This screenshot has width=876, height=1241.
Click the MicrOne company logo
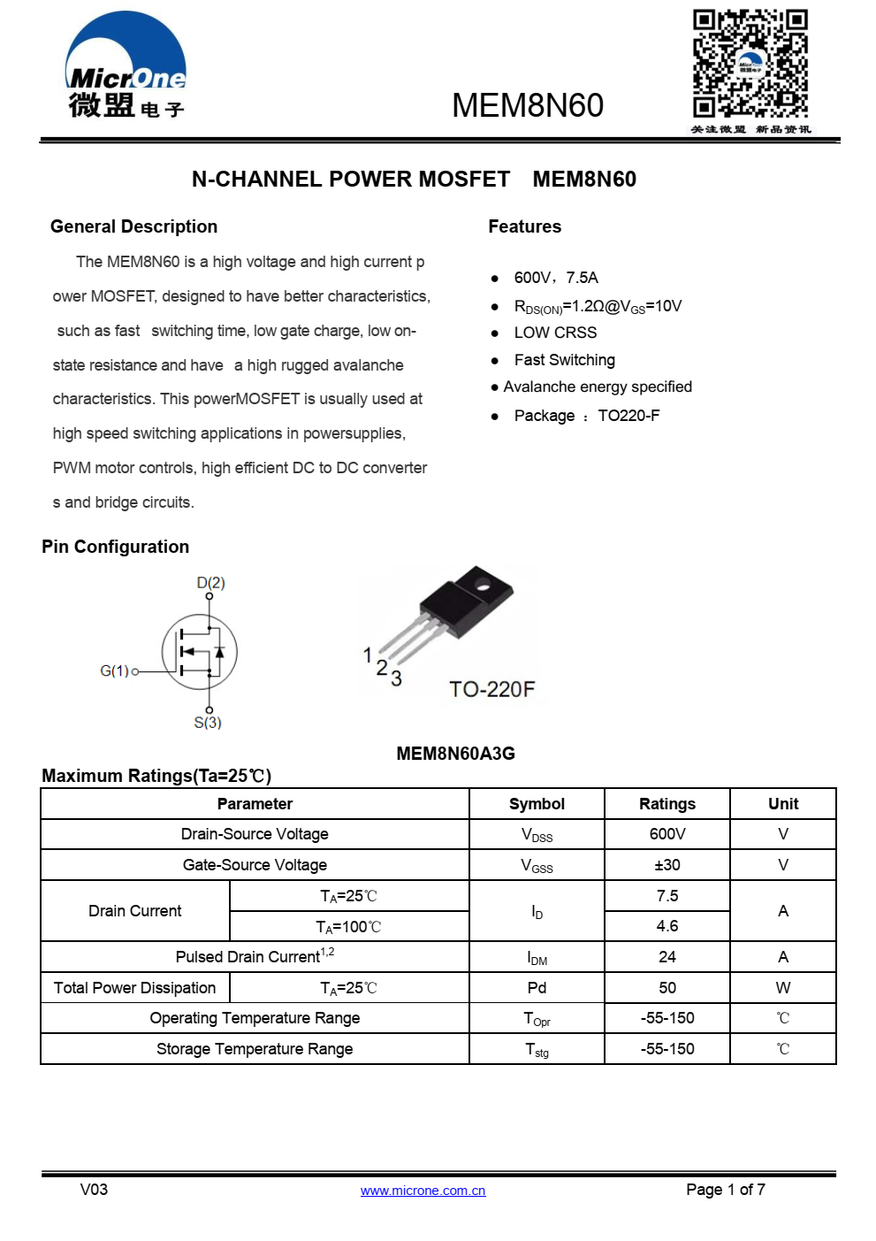[x=126, y=66]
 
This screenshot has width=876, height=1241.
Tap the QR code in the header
[x=750, y=64]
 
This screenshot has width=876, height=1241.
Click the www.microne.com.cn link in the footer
[x=423, y=1191]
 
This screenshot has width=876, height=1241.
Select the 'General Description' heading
[x=133, y=226]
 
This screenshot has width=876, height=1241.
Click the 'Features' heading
[x=524, y=226]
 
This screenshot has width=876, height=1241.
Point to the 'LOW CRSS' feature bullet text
[x=555, y=333]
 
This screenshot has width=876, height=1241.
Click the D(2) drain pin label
[x=210, y=583]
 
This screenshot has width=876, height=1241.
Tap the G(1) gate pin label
[x=114, y=671]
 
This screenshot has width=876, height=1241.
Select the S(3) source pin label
[x=208, y=723]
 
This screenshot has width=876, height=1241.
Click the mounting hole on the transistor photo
[x=483, y=583]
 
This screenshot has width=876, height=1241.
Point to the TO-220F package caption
[x=491, y=689]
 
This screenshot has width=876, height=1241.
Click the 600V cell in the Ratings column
[x=667, y=834]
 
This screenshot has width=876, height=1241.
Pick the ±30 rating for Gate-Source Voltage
[x=667, y=865]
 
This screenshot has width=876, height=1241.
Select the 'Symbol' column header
[x=537, y=804]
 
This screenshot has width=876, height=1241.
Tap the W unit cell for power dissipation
[x=783, y=988]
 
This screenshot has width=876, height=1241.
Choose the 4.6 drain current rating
[x=667, y=926]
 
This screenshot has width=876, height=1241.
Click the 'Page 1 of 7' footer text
[x=726, y=1190]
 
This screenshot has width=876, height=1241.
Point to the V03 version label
[x=94, y=1190]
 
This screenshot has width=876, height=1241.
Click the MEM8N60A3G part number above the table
[x=455, y=754]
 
